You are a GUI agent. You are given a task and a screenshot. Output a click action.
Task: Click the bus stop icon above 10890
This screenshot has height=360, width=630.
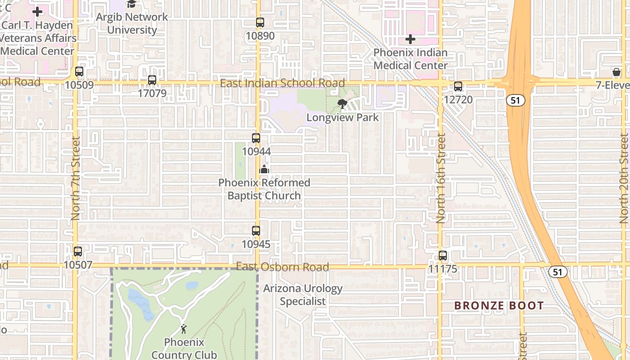[260, 22]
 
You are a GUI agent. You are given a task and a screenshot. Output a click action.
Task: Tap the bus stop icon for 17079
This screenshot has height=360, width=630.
[152, 80]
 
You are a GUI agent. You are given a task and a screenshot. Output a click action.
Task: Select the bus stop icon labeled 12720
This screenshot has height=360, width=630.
[458, 86]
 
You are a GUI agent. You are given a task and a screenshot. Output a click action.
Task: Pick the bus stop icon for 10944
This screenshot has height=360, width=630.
[256, 138]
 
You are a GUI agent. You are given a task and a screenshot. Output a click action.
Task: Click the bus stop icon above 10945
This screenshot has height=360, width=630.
[256, 231]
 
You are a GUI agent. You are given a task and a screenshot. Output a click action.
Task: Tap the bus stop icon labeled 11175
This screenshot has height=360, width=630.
[443, 256]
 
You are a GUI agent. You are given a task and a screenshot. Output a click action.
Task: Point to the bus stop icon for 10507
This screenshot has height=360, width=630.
[78, 252]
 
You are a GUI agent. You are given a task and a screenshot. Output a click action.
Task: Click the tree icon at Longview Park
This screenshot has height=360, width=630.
[342, 104]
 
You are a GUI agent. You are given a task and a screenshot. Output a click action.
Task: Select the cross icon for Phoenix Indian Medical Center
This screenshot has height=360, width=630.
[410, 39]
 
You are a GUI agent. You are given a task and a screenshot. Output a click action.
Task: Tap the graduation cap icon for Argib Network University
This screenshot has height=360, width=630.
[131, 4]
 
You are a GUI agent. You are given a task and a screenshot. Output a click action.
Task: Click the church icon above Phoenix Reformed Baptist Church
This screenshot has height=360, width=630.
[264, 169]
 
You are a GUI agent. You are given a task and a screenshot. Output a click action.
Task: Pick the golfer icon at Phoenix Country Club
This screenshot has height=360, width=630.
[184, 329]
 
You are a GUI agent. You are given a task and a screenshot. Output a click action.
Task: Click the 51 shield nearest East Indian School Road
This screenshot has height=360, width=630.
[515, 100]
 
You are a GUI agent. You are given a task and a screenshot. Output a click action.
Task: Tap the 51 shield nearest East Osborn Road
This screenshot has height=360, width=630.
[558, 272]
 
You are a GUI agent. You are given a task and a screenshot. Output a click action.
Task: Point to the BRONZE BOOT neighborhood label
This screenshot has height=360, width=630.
[499, 306]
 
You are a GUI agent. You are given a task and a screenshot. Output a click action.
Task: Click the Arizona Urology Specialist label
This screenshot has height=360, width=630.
[302, 295]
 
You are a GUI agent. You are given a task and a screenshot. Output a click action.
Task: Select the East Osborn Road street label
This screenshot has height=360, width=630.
[282, 267]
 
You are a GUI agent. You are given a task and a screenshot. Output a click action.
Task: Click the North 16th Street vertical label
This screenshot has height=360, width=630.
[441, 178]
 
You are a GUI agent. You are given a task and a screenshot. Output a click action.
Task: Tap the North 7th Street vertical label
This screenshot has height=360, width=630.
[75, 178]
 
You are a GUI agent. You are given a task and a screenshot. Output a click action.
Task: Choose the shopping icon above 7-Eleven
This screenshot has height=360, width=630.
[616, 72]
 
